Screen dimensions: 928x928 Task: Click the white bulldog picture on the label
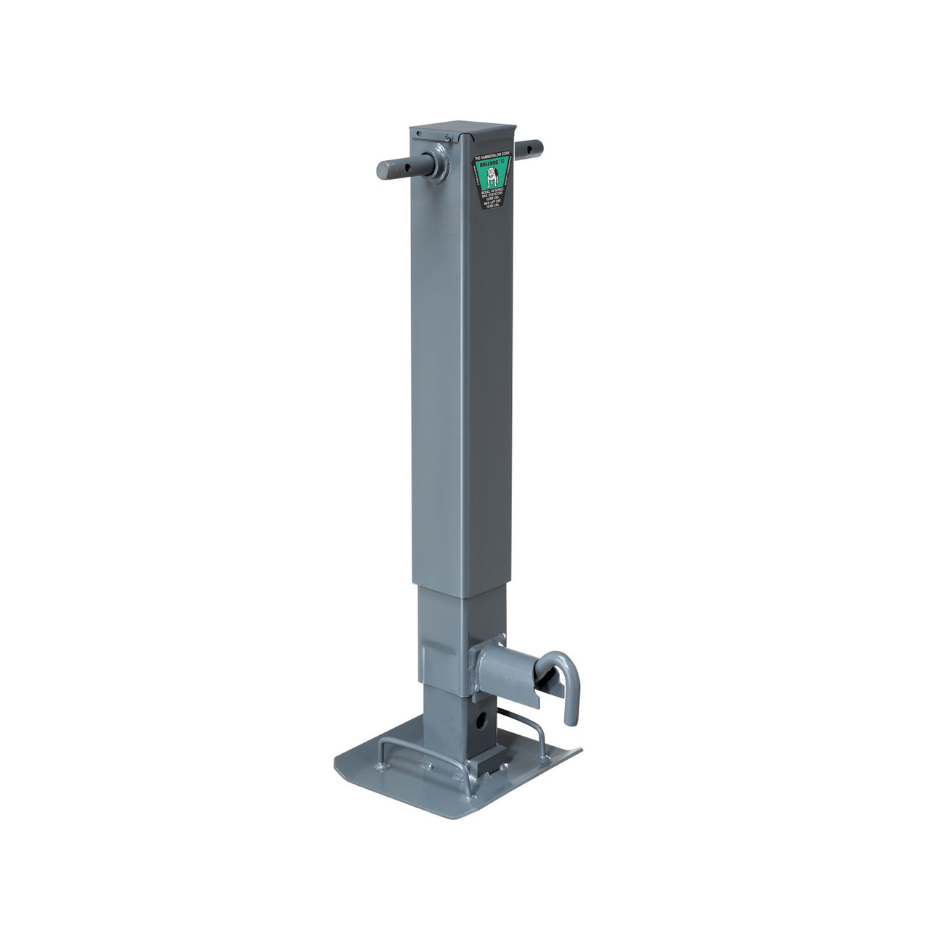tap(493, 177)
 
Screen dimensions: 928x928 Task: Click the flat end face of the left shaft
tap(383, 171)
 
